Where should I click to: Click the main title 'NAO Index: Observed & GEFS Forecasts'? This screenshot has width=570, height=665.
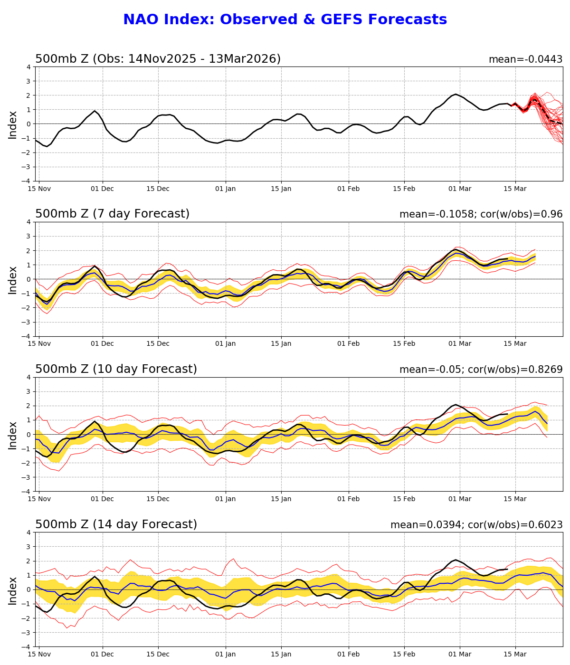pyautogui.click(x=285, y=20)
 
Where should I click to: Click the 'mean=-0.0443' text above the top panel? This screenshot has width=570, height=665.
pyautogui.click(x=525, y=59)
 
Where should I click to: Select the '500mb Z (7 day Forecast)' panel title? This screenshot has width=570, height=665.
pyautogui.click(x=112, y=214)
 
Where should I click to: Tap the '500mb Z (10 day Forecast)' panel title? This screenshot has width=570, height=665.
pyautogui.click(x=116, y=370)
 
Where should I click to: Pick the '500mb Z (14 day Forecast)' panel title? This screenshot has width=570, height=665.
pyautogui.click(x=116, y=525)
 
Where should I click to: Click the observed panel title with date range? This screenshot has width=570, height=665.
pyautogui.click(x=158, y=59)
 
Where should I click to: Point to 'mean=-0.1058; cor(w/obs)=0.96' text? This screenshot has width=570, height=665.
pyautogui.click(x=481, y=215)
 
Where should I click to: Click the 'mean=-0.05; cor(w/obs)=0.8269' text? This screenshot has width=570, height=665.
pyautogui.click(x=481, y=370)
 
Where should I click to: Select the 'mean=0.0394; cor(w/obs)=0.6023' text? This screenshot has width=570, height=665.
pyautogui.click(x=476, y=525)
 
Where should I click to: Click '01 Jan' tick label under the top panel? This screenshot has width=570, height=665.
pyautogui.click(x=226, y=189)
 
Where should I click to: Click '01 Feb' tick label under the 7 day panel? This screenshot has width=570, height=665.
pyautogui.click(x=349, y=344)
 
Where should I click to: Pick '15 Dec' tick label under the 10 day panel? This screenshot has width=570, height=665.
pyautogui.click(x=158, y=499)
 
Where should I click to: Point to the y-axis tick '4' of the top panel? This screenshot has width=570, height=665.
pyautogui.click(x=29, y=67)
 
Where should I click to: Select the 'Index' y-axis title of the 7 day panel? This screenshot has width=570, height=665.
pyautogui.click(x=13, y=280)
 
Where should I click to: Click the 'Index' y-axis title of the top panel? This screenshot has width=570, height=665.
pyautogui.click(x=13, y=124)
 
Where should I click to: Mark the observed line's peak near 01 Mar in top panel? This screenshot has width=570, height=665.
pyautogui.click(x=456, y=94)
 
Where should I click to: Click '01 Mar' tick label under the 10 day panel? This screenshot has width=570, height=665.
pyautogui.click(x=460, y=499)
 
